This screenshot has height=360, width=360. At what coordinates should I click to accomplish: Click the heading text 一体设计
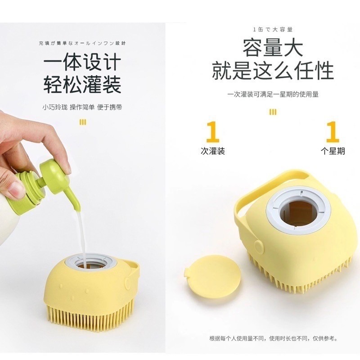pyautogui.click(x=82, y=62)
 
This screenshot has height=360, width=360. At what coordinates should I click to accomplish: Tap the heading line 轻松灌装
pyautogui.click(x=82, y=84)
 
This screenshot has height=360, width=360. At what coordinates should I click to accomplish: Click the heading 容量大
pyautogui.click(x=273, y=48)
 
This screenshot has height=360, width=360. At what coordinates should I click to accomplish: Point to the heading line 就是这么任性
pyautogui.click(x=273, y=71)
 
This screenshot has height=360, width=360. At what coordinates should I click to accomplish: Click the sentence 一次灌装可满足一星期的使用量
pyautogui.click(x=273, y=94)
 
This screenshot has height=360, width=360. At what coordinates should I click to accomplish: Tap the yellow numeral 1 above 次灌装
pyautogui.click(x=212, y=132)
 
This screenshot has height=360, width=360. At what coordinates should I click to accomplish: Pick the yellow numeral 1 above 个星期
pyautogui.click(x=332, y=132)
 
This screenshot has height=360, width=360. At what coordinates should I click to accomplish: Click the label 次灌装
pyautogui.click(x=212, y=152)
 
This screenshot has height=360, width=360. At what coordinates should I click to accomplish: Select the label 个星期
pyautogui.click(x=333, y=152)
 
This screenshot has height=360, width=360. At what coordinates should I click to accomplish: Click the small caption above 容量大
pyautogui.click(x=273, y=30)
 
